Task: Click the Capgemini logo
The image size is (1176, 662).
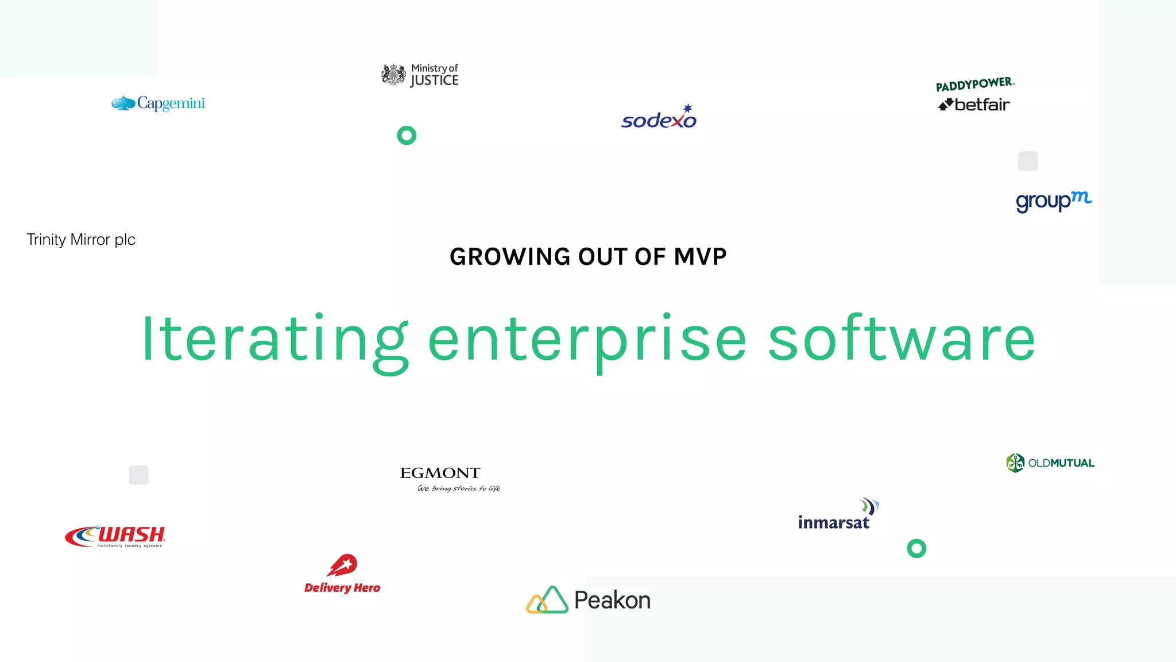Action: (x=158, y=103)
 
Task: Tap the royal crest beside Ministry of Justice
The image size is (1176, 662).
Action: (x=394, y=75)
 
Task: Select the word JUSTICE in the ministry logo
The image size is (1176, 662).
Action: (x=435, y=81)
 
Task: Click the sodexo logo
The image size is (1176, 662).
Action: (x=659, y=118)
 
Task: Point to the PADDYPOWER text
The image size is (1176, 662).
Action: (x=975, y=84)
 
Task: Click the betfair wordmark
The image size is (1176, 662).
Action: (x=981, y=105)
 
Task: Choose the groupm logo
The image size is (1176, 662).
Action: (x=1053, y=201)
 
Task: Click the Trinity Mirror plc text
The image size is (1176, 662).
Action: (x=81, y=240)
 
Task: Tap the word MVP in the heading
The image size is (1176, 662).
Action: (x=700, y=257)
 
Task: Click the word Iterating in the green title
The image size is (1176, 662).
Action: (x=274, y=340)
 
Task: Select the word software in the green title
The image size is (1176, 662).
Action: (x=902, y=340)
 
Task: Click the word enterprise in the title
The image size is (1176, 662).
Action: (x=587, y=340)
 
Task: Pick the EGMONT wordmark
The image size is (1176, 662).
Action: (x=440, y=473)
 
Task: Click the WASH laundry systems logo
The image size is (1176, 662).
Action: (x=116, y=536)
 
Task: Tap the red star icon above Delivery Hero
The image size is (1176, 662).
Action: (x=343, y=565)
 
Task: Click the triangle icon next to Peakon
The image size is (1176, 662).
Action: (x=547, y=600)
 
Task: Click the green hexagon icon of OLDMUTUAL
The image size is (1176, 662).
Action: (x=1015, y=463)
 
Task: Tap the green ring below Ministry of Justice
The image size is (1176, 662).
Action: (x=407, y=136)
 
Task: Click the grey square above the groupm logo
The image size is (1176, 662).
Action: (x=1028, y=161)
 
